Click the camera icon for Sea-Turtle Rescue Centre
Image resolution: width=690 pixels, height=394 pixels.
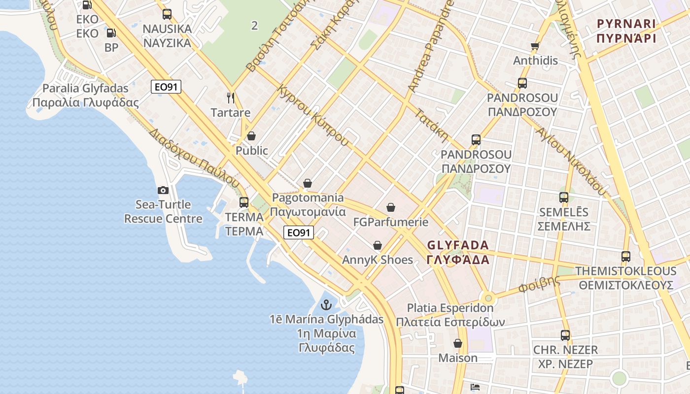point(163,190)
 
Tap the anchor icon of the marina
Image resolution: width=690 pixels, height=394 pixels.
point(326,305)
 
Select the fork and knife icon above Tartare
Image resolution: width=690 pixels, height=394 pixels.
point(230,98)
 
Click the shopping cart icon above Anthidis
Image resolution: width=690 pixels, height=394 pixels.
point(535,46)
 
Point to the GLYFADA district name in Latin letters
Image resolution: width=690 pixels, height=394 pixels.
point(458,245)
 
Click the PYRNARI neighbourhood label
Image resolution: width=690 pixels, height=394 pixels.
point(626,24)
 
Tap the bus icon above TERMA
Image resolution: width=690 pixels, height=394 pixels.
point(243,202)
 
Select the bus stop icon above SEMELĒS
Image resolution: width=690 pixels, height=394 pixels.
point(564,197)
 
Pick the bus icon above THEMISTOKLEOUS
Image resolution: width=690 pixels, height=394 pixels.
point(625,257)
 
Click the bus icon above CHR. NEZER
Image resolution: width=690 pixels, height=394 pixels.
point(565,335)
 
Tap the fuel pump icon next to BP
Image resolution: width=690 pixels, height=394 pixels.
point(111,33)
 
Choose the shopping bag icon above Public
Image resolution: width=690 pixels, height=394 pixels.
point(251,136)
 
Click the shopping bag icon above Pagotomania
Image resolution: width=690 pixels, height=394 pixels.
point(308,183)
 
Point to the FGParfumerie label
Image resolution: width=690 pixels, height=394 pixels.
point(391,222)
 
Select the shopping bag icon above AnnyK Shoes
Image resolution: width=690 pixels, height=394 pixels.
point(378,245)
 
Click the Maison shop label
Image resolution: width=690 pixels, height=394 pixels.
point(458,358)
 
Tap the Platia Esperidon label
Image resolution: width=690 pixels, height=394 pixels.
point(450,308)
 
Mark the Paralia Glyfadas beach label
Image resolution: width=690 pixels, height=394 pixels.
point(85,89)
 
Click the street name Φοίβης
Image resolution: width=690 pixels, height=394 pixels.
point(540,285)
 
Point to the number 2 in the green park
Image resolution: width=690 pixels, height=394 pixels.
point(254,26)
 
